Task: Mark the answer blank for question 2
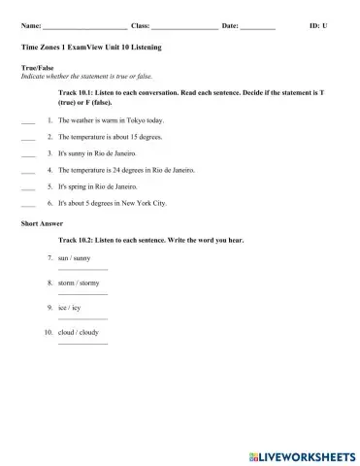[x=27, y=138]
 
